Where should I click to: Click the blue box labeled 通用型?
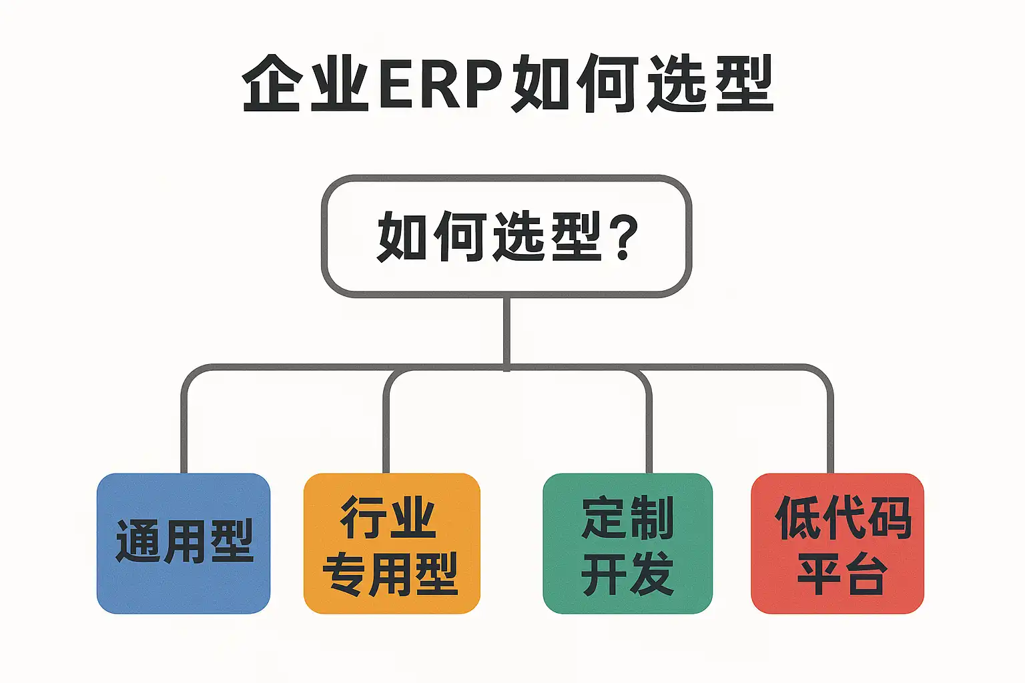184,543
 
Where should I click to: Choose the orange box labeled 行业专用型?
392,543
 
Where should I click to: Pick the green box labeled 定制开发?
627,543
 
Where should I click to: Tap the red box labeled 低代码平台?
837,543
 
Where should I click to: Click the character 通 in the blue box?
137,541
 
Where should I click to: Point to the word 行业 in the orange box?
388,518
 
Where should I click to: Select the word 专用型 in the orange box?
390,574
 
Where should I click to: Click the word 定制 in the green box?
627,518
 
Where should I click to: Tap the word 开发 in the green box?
627,574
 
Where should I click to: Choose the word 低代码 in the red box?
843,518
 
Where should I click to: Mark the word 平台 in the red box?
842,574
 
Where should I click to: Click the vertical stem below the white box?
507,330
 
